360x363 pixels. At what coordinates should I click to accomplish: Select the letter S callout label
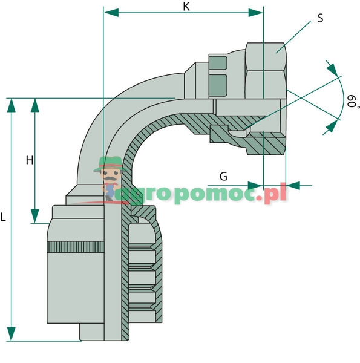click(320, 18)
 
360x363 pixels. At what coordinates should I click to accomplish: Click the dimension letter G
click(223, 177)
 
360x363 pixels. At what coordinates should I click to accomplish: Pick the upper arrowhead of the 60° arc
click(331, 67)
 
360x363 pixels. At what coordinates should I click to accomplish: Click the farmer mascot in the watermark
click(110, 175)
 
